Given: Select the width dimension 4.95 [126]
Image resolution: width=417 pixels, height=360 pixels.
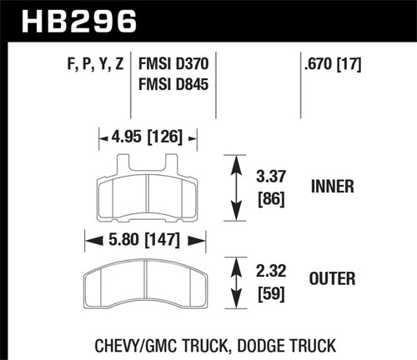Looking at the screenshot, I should click(148, 137).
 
